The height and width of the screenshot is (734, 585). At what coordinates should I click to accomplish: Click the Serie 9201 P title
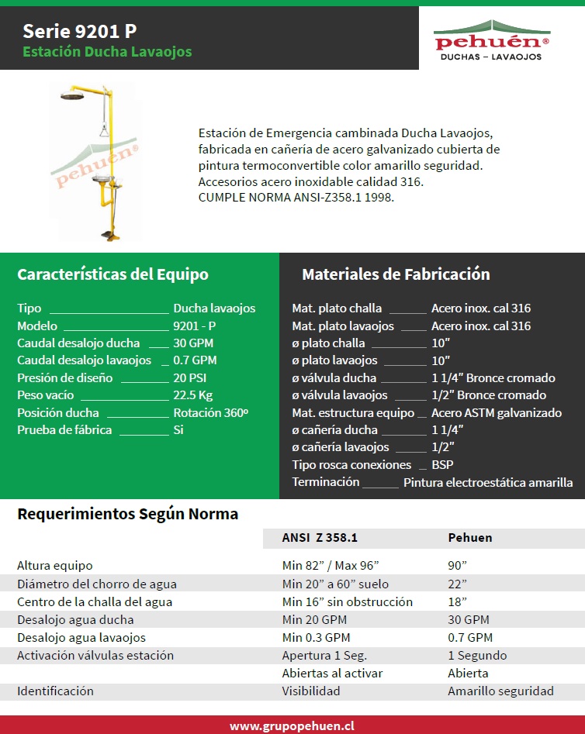[79, 31]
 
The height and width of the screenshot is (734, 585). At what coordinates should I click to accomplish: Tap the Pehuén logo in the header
[491, 40]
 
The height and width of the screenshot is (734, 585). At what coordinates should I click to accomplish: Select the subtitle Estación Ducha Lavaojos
[107, 52]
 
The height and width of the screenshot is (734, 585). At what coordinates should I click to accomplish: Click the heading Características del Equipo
[112, 274]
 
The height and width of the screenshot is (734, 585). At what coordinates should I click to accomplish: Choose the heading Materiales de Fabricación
[396, 274]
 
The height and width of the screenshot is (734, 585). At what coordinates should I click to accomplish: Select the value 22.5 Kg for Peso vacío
[193, 395]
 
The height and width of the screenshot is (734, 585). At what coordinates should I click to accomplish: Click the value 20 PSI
[191, 377]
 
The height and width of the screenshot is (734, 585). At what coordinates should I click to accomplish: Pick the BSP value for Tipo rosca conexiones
[442, 465]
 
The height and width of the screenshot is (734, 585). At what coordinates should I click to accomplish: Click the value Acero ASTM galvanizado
[497, 412]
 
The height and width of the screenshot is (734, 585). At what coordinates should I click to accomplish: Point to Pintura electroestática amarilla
[488, 482]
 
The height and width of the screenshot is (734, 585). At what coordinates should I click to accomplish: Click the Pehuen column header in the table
[470, 537]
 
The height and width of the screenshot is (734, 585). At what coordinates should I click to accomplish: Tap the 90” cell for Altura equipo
[458, 566]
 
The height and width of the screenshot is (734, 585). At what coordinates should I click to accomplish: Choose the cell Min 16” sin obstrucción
[348, 601]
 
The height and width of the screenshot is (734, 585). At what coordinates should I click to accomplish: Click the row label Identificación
[55, 691]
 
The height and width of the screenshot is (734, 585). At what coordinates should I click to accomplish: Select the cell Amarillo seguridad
[500, 691]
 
